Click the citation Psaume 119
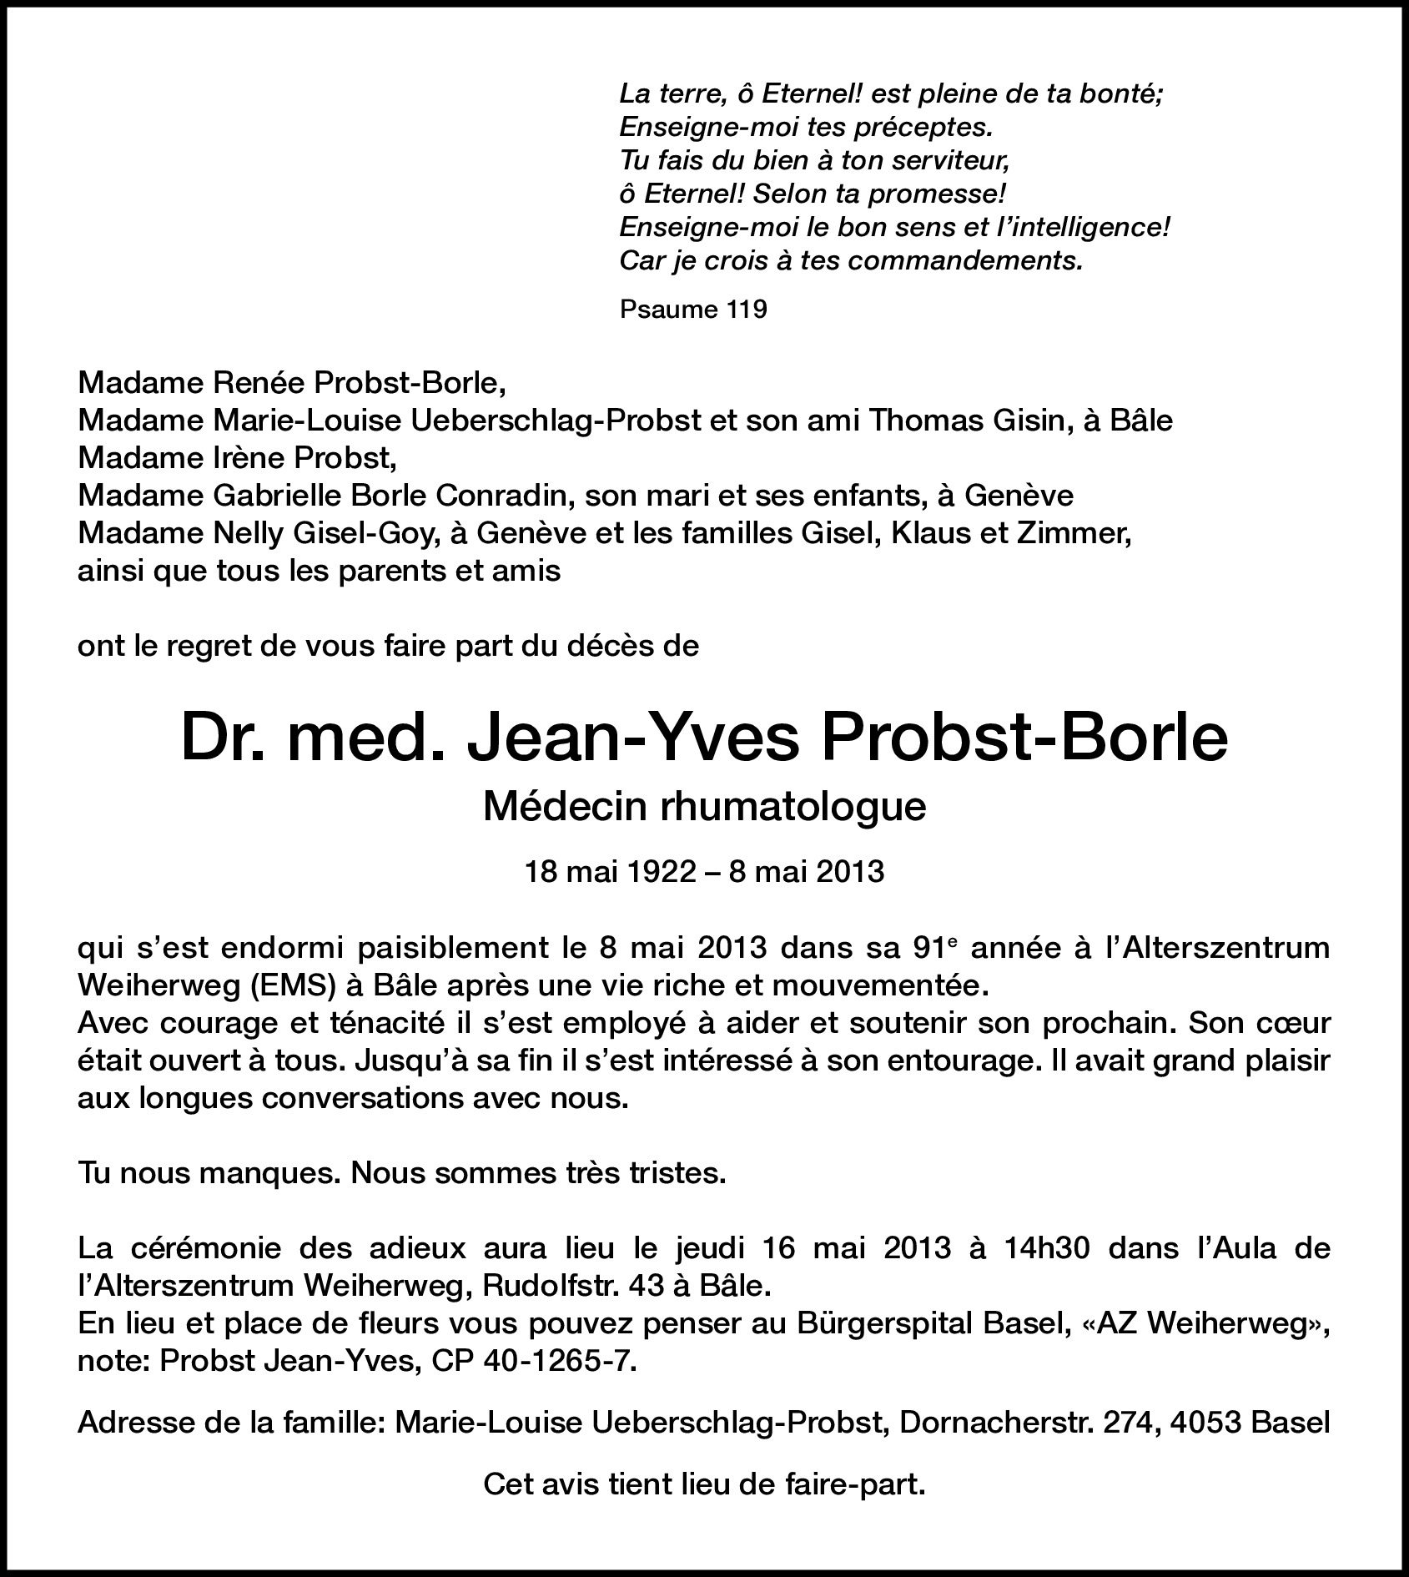pos(693,310)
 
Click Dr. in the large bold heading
pos(222,738)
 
